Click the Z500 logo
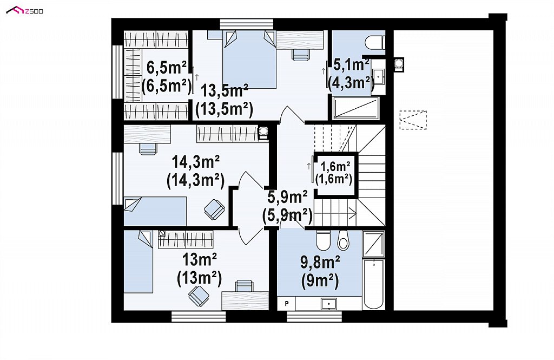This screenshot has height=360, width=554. (25, 11)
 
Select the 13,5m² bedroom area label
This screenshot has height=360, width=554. (225, 101)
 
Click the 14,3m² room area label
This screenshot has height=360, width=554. (195, 171)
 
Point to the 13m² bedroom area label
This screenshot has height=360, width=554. (200, 269)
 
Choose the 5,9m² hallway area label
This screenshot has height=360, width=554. (287, 206)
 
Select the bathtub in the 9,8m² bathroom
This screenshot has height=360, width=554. (374, 284)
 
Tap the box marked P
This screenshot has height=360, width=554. (287, 303)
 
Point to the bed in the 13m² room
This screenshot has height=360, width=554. (138, 261)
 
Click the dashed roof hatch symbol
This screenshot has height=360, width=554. (413, 120)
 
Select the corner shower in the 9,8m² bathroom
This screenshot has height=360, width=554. (374, 244)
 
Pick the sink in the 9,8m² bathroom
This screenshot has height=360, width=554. (328, 304)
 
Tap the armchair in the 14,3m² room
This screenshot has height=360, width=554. (214, 208)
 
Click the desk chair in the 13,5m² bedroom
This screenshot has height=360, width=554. (301, 55)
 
